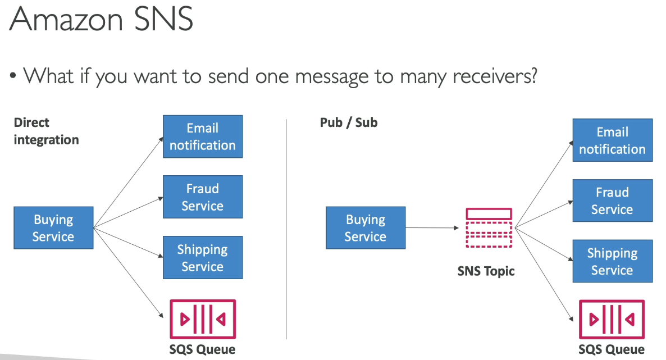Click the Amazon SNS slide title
coord(101,19)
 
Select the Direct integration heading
coord(46,131)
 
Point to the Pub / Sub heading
coord(349,122)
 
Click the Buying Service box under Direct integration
coord(53,228)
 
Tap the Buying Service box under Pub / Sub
coord(366,228)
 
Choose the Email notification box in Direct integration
coord(203,136)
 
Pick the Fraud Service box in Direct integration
coord(203,197)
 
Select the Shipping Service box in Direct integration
coord(203,258)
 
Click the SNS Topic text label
coord(486,271)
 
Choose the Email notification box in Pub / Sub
coord(613,140)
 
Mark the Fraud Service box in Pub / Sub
coord(613,200)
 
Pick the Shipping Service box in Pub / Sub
coord(613,261)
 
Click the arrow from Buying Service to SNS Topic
coord(432,228)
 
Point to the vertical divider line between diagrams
coord(286,229)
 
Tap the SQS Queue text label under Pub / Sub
coord(612,349)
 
